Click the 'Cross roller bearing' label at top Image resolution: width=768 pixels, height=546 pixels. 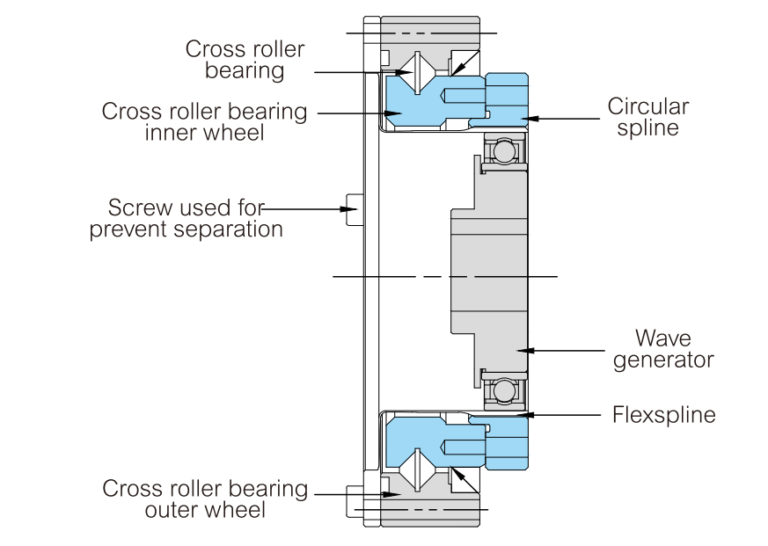click(x=245, y=59)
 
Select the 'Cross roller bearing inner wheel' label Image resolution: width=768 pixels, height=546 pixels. click(x=204, y=122)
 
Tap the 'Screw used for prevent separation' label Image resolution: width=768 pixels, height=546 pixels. click(x=187, y=218)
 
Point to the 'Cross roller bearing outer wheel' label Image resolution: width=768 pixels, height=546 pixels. click(x=205, y=499)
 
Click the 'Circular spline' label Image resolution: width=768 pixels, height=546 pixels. click(x=648, y=117)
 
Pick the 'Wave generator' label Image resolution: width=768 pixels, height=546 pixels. click(x=663, y=349)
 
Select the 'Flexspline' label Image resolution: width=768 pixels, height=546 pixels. click(x=663, y=415)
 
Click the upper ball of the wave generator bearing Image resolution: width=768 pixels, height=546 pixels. click(x=504, y=151)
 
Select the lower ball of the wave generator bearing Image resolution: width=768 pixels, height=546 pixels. click(x=504, y=390)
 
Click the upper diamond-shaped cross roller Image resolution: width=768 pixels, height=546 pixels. click(x=417, y=72)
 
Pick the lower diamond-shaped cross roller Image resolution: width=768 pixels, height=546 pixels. click(x=417, y=470)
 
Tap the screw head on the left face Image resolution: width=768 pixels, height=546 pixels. click(x=355, y=209)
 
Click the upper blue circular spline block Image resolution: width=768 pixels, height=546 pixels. click(x=508, y=101)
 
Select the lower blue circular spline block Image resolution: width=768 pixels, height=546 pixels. click(x=508, y=442)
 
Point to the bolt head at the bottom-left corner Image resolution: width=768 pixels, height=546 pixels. click(x=355, y=501)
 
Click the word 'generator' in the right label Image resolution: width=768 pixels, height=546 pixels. click(x=663, y=360)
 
